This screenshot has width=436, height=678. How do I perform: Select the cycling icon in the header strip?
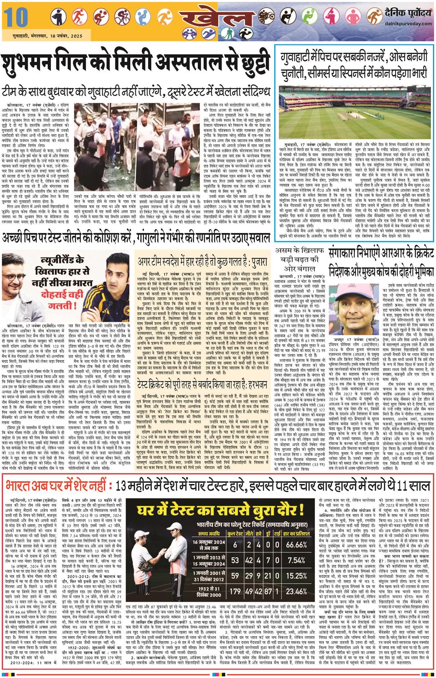click(x=122, y=18)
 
